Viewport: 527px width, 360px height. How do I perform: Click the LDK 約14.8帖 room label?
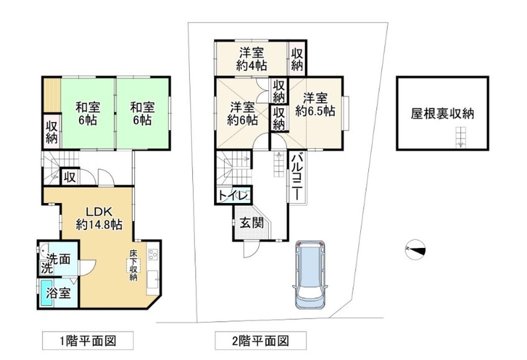pos(99,218)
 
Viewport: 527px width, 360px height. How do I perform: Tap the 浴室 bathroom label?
pos(58,293)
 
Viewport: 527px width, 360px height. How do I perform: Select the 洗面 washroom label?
pos(59,259)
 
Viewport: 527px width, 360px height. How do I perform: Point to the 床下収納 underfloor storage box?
pos(134,265)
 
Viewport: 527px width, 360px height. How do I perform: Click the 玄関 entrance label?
pos(252,222)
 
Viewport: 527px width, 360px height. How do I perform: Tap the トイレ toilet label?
pos(234,195)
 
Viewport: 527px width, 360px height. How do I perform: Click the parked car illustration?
pos(309,274)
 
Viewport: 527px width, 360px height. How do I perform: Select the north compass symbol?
pos(415,249)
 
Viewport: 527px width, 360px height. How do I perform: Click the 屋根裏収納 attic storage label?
pos(442,113)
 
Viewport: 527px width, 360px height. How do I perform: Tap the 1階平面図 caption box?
pos(88,340)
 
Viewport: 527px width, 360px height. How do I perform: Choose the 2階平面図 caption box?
pos(260,340)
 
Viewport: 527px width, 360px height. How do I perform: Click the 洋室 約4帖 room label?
pos(252,59)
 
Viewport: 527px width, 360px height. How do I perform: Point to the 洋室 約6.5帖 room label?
pos(315,105)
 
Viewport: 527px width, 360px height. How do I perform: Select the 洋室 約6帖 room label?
pos(242,113)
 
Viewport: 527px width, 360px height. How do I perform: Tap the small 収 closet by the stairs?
pos(70,177)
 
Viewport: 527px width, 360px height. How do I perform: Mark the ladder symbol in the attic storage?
pos(460,137)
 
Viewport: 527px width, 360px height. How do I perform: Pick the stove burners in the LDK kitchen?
pos(152,254)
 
